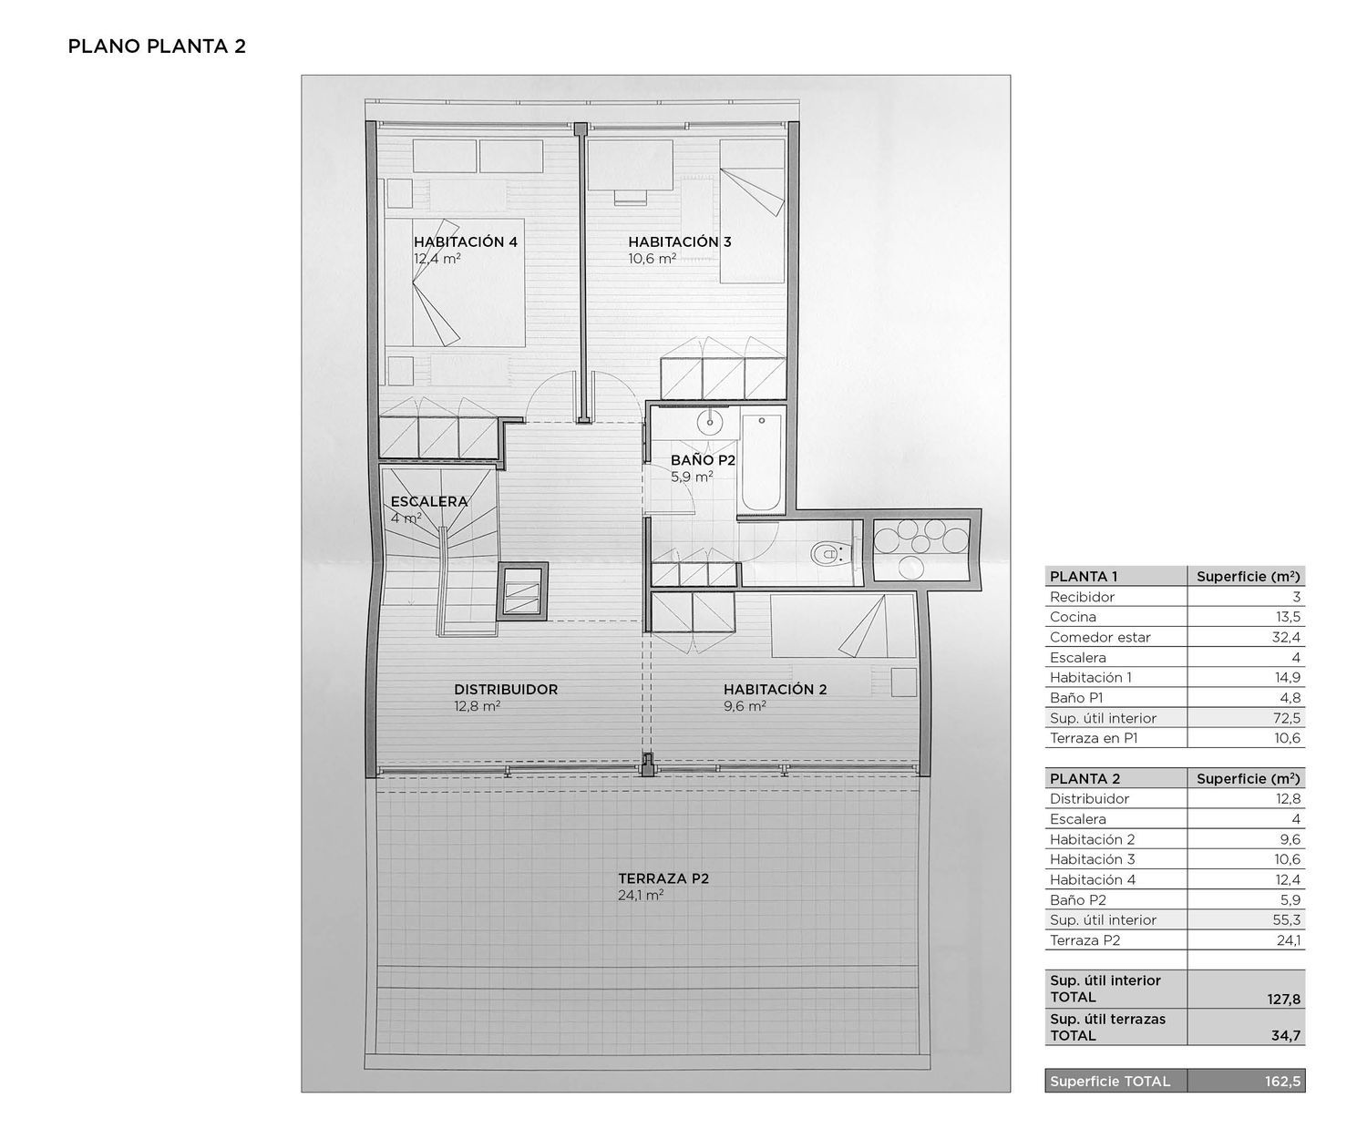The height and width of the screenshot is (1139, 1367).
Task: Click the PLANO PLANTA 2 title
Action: click(157, 46)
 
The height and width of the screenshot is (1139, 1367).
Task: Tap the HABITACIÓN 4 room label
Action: click(466, 241)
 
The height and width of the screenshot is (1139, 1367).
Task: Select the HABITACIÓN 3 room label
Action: click(680, 241)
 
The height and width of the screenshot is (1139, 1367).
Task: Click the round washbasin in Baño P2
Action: click(709, 423)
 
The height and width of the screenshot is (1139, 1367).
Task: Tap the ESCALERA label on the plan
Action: click(429, 501)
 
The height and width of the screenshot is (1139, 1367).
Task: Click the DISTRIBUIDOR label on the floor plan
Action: click(506, 689)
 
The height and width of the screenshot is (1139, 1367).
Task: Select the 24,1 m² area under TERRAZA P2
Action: click(641, 895)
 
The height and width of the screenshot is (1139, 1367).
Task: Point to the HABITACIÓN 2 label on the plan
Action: click(776, 689)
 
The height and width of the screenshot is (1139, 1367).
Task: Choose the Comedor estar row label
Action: click(1100, 637)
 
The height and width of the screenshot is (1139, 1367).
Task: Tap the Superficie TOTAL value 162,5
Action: click(1282, 1081)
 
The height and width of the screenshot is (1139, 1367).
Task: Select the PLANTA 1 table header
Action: click(1084, 577)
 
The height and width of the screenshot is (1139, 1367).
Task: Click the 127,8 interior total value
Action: click(1284, 999)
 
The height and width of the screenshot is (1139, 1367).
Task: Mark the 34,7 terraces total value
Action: click(1286, 1036)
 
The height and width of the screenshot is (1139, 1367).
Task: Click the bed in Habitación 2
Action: click(843, 625)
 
